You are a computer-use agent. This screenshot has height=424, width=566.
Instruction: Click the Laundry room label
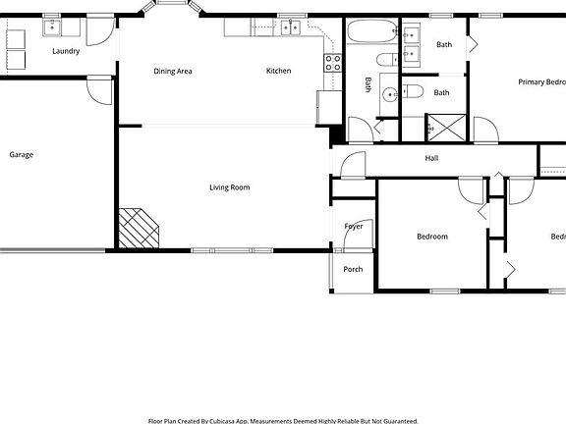[66, 51]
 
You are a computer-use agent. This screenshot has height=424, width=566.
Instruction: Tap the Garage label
[22, 154]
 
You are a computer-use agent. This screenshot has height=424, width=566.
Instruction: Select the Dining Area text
[172, 71]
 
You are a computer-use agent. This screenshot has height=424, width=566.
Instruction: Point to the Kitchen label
[279, 71]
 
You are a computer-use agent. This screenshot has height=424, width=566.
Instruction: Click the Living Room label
[230, 186]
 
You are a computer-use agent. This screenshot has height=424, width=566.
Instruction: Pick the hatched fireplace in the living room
[138, 229]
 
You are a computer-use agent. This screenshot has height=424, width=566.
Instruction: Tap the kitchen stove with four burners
[332, 62]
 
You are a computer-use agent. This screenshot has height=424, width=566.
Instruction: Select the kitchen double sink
[290, 27]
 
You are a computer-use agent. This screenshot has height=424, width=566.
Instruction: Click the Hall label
[431, 158]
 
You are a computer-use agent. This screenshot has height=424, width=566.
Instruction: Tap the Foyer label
[354, 227]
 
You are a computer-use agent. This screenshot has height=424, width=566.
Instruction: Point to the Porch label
[353, 269]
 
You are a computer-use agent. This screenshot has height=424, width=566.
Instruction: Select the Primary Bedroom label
[541, 82]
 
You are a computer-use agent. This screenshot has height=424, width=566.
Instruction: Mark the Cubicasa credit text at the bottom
[283, 420]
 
